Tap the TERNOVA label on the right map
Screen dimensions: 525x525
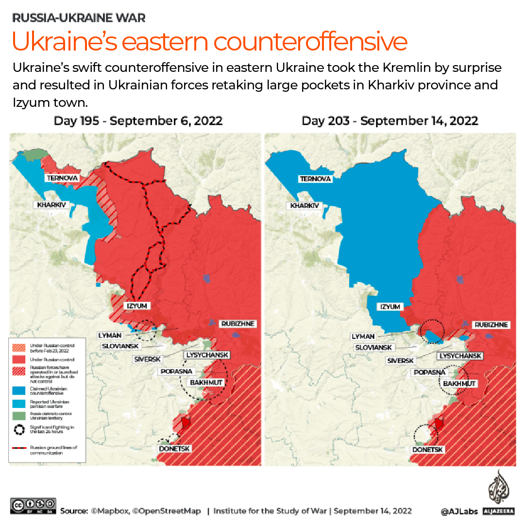click(x=315, y=179)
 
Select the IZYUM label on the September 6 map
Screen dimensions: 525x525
click(x=137, y=306)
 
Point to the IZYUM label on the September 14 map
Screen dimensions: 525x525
click(x=390, y=307)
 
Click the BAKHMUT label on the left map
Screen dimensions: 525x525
click(x=206, y=383)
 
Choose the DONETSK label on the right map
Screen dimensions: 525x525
click(x=428, y=450)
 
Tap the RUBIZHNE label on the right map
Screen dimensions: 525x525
click(x=491, y=324)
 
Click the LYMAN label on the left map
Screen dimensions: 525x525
click(x=110, y=335)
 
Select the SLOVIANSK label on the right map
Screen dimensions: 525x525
click(x=373, y=348)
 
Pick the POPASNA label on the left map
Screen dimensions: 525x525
click(x=176, y=372)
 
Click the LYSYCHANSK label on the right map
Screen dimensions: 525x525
click(x=460, y=356)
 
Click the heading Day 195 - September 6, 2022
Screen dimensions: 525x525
click(x=138, y=121)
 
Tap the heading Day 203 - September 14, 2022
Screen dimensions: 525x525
click(x=390, y=121)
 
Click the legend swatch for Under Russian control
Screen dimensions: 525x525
click(x=19, y=359)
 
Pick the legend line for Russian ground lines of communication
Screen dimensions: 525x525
click(x=19, y=448)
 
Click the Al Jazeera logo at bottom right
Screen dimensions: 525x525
click(x=497, y=491)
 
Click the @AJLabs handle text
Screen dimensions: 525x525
click(x=459, y=511)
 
